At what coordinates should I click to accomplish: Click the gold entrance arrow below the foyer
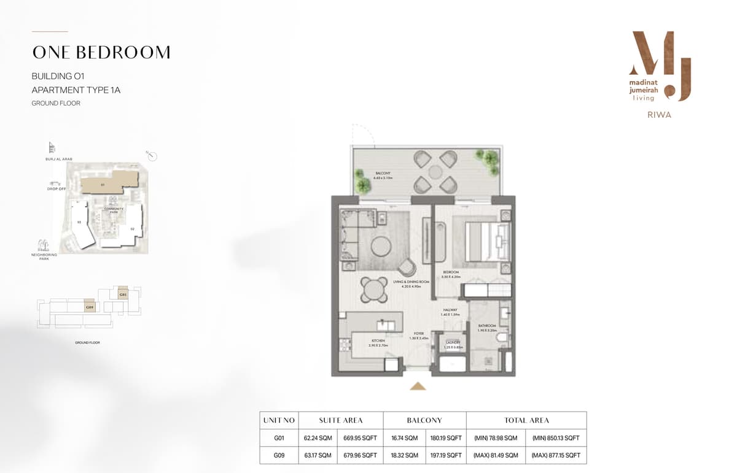[x=418, y=386]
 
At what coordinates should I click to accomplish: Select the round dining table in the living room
[x=373, y=289]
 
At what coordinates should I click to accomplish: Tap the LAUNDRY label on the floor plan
[x=453, y=342]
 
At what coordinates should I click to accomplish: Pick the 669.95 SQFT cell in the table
[x=361, y=438]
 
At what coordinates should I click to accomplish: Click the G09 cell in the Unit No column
[x=279, y=455]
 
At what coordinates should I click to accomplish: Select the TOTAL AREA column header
[x=526, y=420]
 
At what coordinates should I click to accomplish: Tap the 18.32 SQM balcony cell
[x=404, y=455]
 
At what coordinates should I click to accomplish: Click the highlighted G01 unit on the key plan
[x=123, y=294]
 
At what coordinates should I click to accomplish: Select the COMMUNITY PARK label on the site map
[x=114, y=210]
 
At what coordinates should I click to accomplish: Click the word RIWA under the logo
[x=659, y=115]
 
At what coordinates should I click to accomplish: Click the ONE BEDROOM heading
[x=101, y=53]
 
